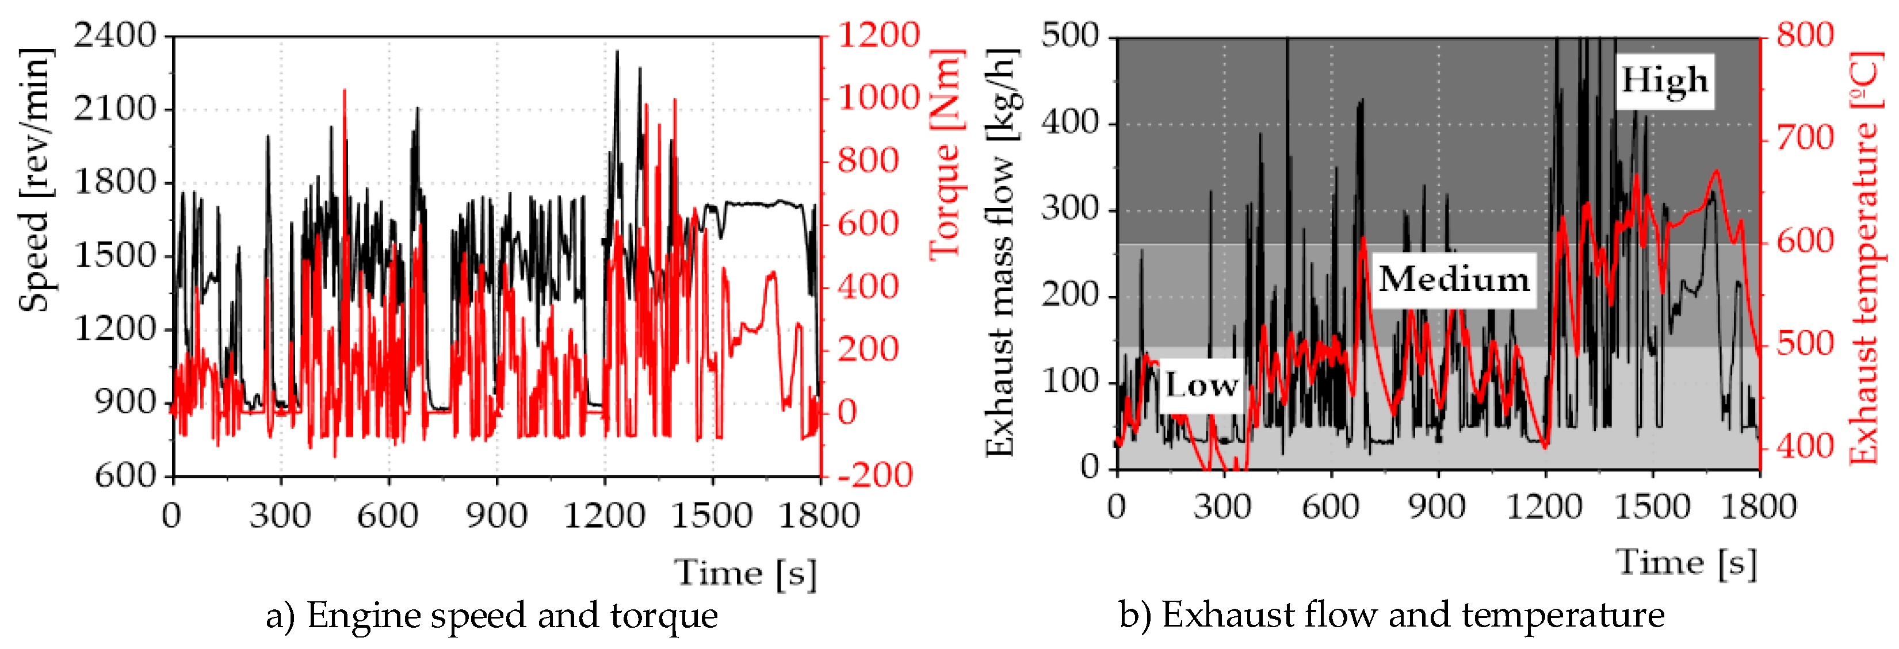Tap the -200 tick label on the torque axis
[875, 475]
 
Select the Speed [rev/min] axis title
[36, 181]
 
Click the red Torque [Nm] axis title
[946, 155]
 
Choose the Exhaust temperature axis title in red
[1867, 258]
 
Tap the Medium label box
[1454, 280]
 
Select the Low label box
[1201, 385]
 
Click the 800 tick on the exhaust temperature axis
[1805, 36]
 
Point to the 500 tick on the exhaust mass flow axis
[1069, 36]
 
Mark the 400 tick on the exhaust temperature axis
[1805, 447]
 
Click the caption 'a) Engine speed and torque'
[492, 615]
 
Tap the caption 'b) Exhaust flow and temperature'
[1391, 615]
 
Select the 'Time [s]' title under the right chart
[1687, 562]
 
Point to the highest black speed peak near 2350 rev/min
[617, 52]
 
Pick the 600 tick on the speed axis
[126, 476]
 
